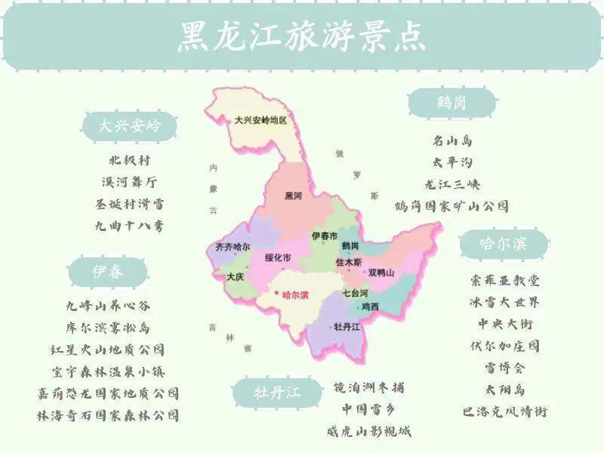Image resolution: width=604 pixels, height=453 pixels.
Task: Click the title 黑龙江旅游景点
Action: point(301,35)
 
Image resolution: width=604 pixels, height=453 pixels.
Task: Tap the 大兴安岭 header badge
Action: point(129,126)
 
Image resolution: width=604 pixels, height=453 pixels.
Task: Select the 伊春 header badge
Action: point(107,271)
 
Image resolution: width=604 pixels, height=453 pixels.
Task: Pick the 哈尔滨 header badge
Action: point(504,244)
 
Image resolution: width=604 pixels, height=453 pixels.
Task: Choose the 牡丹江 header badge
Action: point(276,393)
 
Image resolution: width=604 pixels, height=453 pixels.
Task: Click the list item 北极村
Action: point(130,161)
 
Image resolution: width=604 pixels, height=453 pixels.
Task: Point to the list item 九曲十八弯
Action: point(129,226)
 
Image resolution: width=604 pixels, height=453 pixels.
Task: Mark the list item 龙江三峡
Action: point(451,184)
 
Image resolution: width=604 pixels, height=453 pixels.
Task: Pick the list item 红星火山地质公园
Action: point(108,350)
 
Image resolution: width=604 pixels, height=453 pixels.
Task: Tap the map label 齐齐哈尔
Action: point(233,247)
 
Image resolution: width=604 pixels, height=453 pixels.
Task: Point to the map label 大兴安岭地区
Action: point(261,120)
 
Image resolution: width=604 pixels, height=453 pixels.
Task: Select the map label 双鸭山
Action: point(381,273)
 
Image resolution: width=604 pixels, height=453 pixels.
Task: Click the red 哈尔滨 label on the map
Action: point(294,295)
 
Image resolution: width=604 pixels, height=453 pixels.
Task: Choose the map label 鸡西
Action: point(370,307)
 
